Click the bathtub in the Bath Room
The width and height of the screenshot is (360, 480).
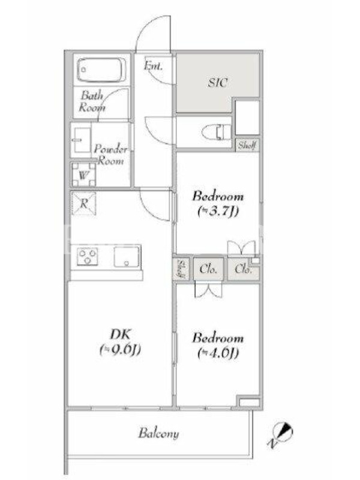[x=101, y=70]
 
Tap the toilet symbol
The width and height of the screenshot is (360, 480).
[x=216, y=132]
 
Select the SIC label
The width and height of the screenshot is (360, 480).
[x=218, y=83]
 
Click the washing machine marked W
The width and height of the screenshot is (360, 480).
[x=83, y=175]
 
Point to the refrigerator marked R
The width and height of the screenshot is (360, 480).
[x=83, y=203]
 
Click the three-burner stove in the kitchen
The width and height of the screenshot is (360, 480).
[x=88, y=256]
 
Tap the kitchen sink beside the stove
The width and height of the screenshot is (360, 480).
[x=127, y=256]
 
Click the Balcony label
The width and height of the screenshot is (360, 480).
[x=158, y=433]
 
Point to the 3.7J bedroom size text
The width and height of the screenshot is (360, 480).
[x=218, y=211]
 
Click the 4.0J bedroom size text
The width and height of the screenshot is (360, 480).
[x=218, y=353]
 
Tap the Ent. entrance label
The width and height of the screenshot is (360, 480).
[x=153, y=65]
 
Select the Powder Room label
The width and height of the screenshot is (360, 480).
[x=110, y=155]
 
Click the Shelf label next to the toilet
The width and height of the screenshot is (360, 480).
[x=247, y=145]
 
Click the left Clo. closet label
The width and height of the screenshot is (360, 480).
[x=208, y=269]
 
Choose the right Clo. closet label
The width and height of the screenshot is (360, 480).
[x=244, y=269]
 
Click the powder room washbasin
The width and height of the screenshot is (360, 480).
[x=81, y=140]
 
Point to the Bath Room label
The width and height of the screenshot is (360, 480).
[x=92, y=101]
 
